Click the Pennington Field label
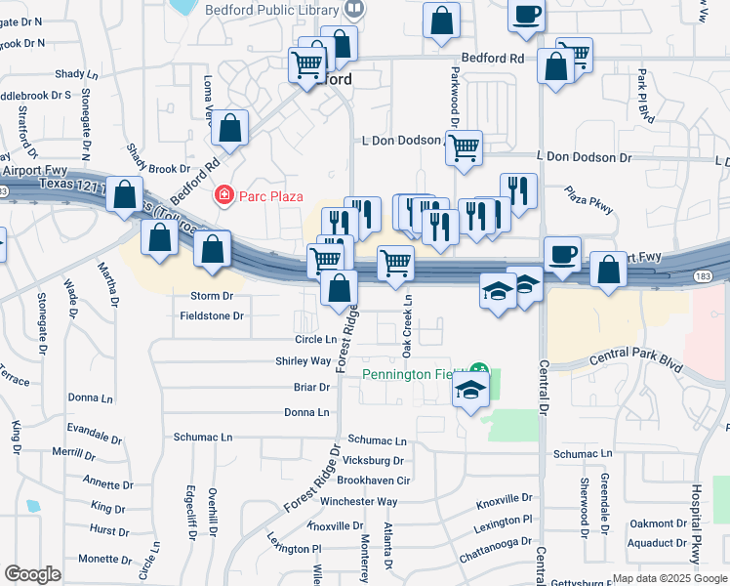[410, 373]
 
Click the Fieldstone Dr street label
[212, 316]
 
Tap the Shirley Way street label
[303, 361]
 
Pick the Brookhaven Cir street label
[374, 481]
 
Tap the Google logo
[32, 574]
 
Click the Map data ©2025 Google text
[669, 578]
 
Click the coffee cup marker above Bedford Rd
[527, 15]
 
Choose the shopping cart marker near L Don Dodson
[465, 148]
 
